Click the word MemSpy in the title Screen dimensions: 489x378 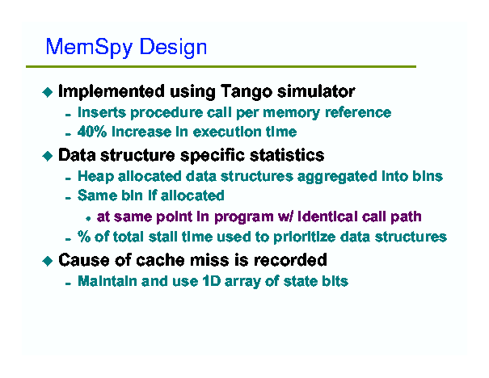point(89,48)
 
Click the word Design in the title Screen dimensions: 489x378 point(173,48)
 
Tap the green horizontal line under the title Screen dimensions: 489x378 point(221,66)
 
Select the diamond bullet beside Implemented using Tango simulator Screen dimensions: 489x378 point(48,92)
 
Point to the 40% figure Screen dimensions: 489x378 point(92,132)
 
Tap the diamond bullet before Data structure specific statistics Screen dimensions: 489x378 point(48,156)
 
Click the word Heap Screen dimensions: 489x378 point(95,177)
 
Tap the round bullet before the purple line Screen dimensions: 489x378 point(88,218)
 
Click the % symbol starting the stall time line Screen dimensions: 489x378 point(84,237)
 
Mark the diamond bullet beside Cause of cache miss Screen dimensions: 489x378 point(48,261)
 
